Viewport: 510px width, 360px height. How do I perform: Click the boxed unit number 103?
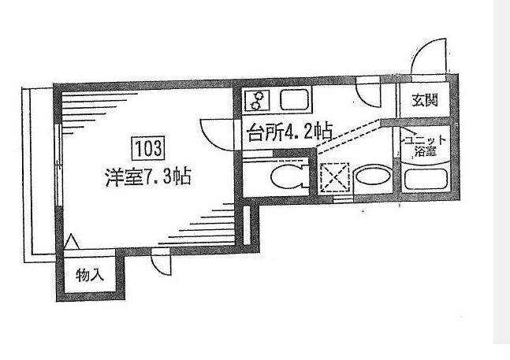148,148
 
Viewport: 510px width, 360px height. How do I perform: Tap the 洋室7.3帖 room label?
148,176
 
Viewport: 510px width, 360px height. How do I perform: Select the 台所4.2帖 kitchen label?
290,132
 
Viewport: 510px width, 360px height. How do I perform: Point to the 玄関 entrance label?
425,100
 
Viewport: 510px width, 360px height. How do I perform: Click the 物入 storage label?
90,276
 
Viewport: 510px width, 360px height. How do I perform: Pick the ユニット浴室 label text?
425,146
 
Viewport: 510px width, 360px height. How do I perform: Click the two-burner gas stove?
258,100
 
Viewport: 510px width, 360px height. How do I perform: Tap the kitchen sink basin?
294,100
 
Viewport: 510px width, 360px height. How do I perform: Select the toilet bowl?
286,177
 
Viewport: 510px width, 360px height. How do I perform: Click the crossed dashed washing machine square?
335,178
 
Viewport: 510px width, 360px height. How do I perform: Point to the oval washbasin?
373,177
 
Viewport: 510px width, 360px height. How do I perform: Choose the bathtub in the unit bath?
425,180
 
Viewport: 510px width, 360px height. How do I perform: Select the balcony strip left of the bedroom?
39,174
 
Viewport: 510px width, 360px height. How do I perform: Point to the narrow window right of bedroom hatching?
247,225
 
